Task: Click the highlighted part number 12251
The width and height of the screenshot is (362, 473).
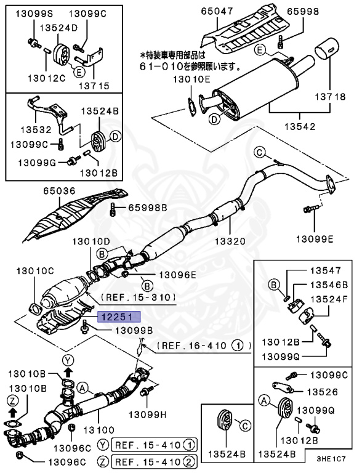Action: click(x=118, y=317)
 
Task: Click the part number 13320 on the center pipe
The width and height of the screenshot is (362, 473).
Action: click(x=229, y=242)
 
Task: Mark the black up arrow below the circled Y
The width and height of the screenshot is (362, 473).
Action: click(x=68, y=373)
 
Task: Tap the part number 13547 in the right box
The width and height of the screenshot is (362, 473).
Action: click(x=324, y=270)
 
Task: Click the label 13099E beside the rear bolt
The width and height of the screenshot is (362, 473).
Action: click(x=316, y=239)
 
